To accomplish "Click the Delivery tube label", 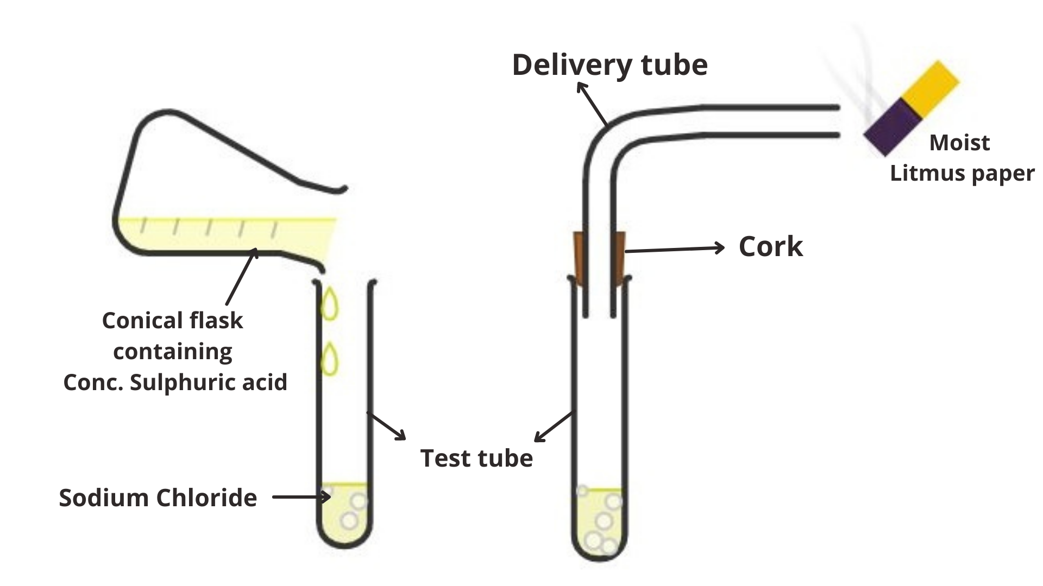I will pyautogui.click(x=610, y=65).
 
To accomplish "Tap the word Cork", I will pyautogui.click(x=770, y=247).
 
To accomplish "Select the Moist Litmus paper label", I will pyautogui.click(x=962, y=158).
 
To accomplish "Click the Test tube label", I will pyautogui.click(x=476, y=458).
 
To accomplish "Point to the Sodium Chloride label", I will pyautogui.click(x=158, y=498).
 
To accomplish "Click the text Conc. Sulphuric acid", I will pyautogui.click(x=175, y=382).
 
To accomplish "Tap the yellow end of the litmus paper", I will pyautogui.click(x=931, y=88).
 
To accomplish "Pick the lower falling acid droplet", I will pyautogui.click(x=329, y=359).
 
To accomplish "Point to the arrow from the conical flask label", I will pyautogui.click(x=241, y=277).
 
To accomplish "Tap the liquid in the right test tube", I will pyautogui.click(x=600, y=521).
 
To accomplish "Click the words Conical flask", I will pyautogui.click(x=172, y=320).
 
